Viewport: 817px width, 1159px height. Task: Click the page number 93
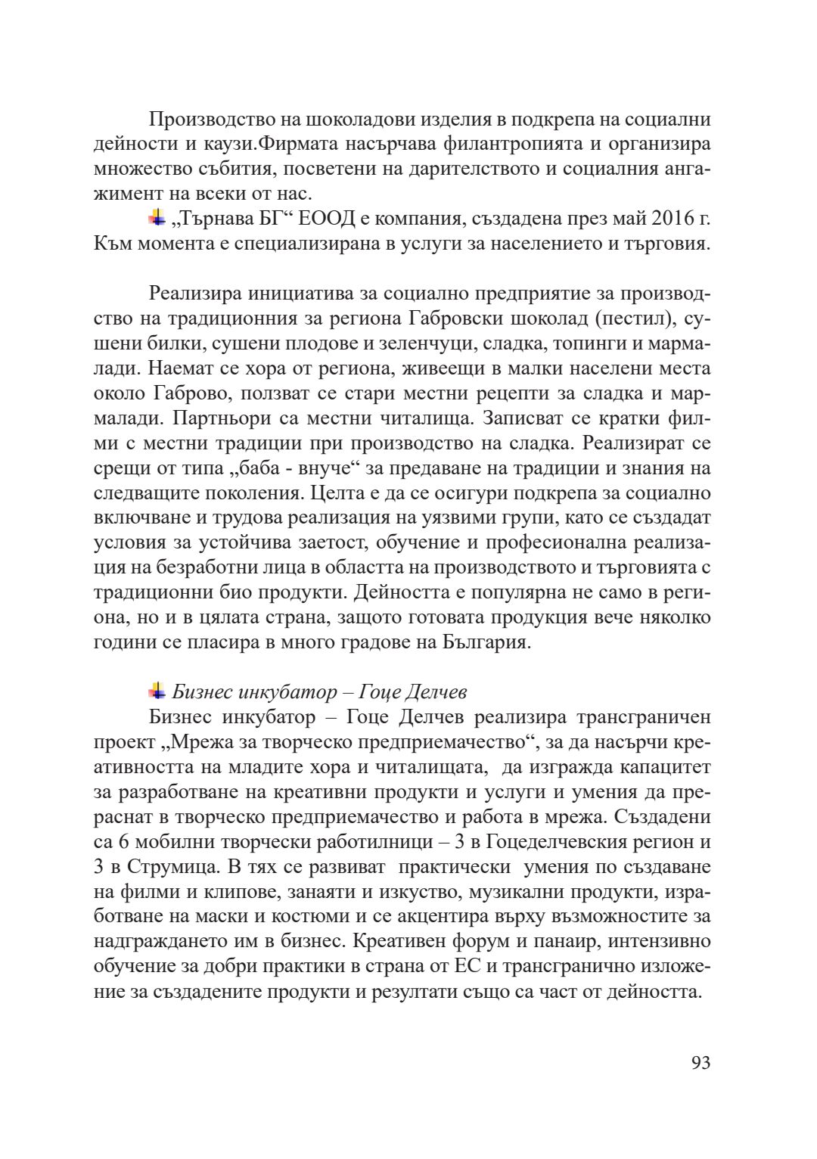pyautogui.click(x=701, y=1063)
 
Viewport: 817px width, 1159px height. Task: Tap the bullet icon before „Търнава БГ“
pyautogui.click(x=157, y=219)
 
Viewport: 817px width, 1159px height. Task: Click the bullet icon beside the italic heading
pyautogui.click(x=157, y=690)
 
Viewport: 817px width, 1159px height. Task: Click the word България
pyautogui.click(x=483, y=642)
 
